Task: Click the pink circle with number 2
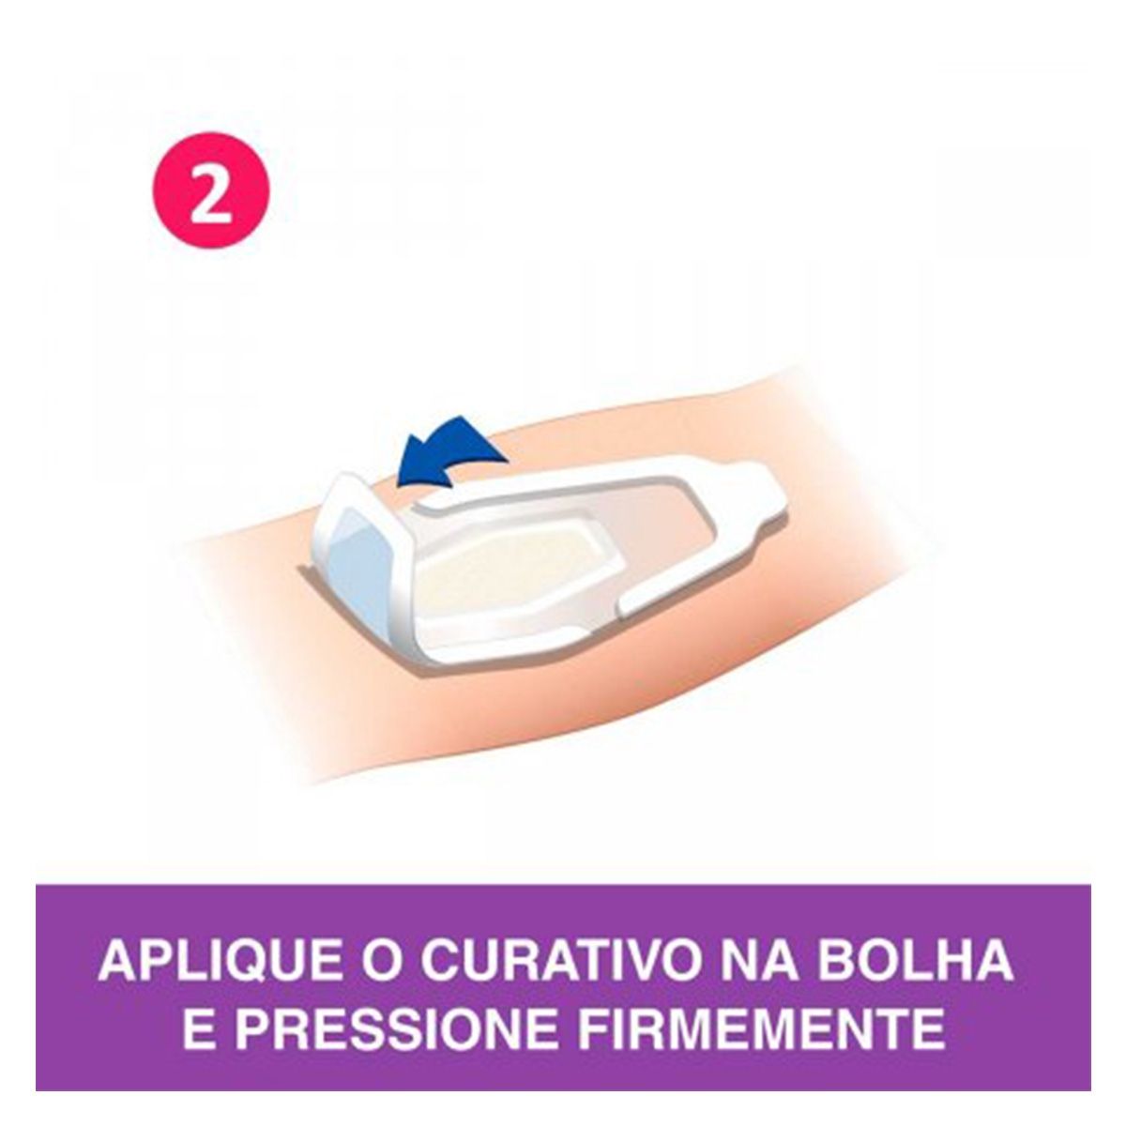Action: [211, 191]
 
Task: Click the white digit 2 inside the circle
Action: [210, 191]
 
